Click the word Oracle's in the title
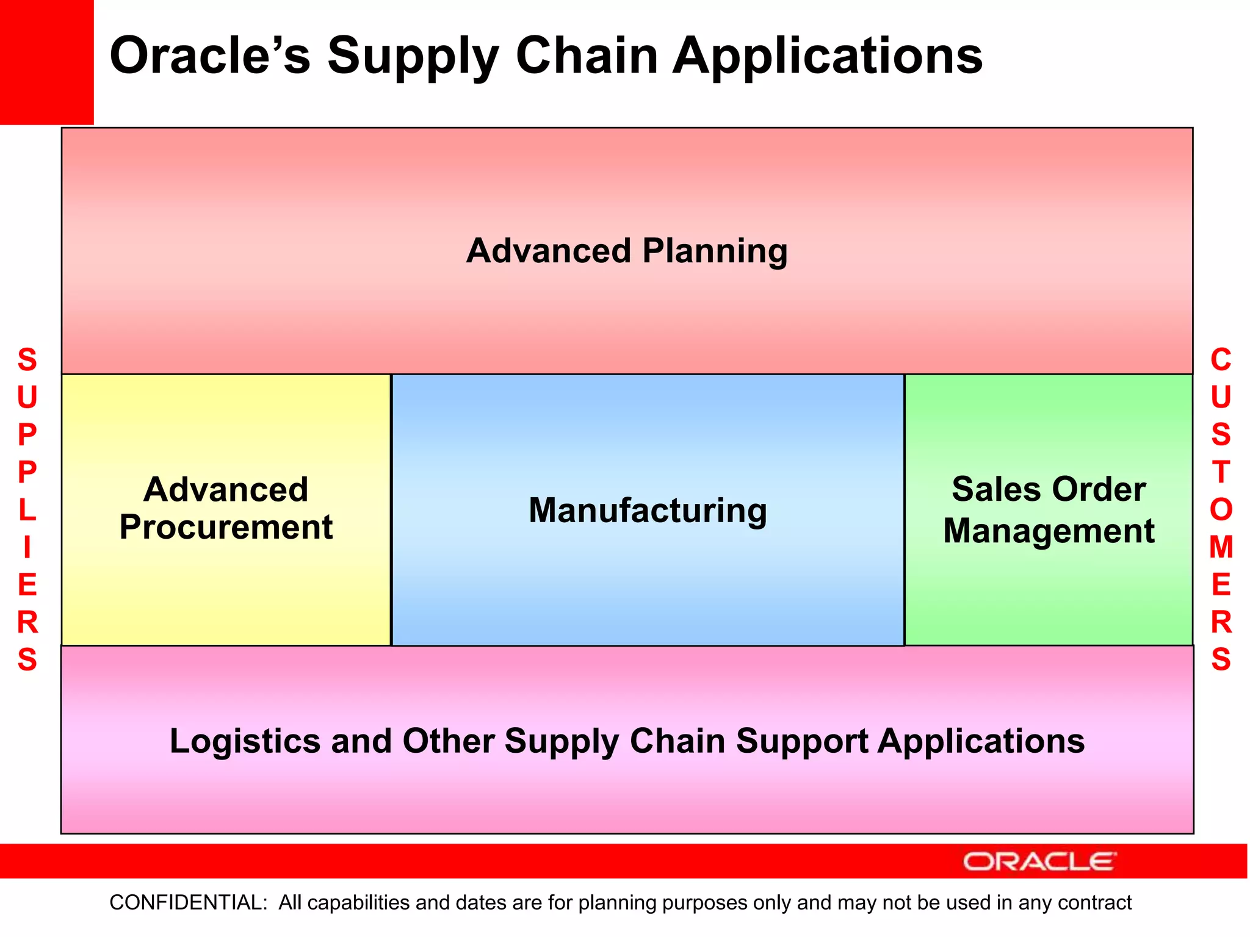pyautogui.click(x=209, y=56)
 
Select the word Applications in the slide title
pyautogui.click(x=828, y=56)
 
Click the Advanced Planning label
pyautogui.click(x=627, y=251)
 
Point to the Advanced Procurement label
pyautogui.click(x=226, y=508)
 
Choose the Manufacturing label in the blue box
pyautogui.click(x=648, y=510)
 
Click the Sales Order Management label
pyautogui.click(x=1049, y=510)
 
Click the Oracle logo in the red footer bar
pyautogui.click(x=1039, y=861)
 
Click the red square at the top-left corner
pyautogui.click(x=46, y=62)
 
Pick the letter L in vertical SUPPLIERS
pyautogui.click(x=27, y=510)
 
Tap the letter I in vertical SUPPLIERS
pyautogui.click(x=27, y=547)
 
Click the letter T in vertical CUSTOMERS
pyautogui.click(x=1221, y=472)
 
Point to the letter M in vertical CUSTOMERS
pyautogui.click(x=1221, y=547)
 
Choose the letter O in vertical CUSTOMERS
pyautogui.click(x=1221, y=510)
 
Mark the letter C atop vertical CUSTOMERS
pyautogui.click(x=1221, y=360)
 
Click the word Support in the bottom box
pyautogui.click(x=802, y=741)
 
